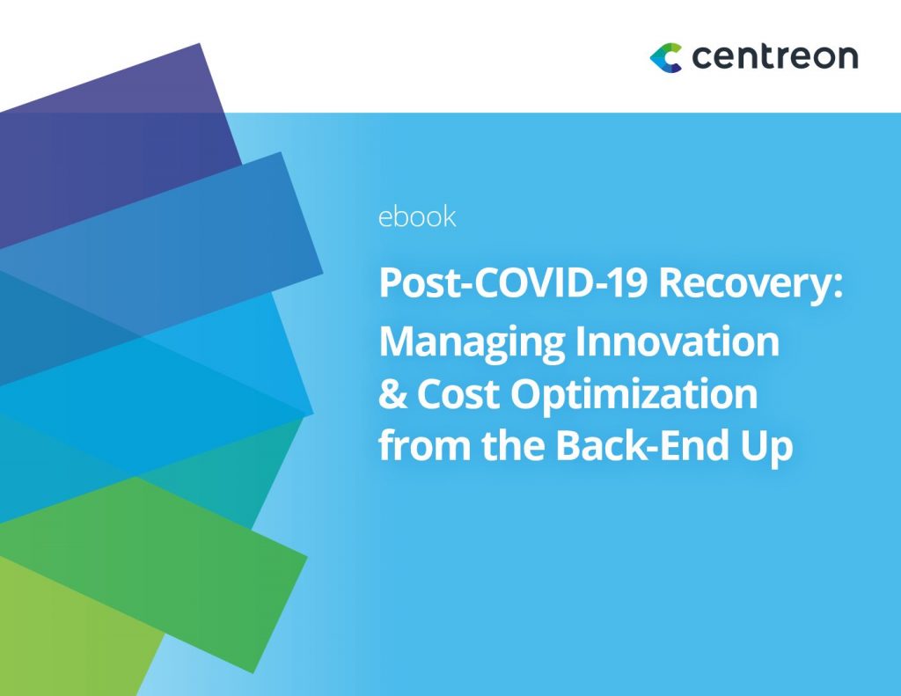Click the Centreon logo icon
(x=666, y=57)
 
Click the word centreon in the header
(x=774, y=57)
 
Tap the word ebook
(x=417, y=216)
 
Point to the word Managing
(x=472, y=342)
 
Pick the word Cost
(x=459, y=395)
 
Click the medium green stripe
(x=176, y=546)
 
